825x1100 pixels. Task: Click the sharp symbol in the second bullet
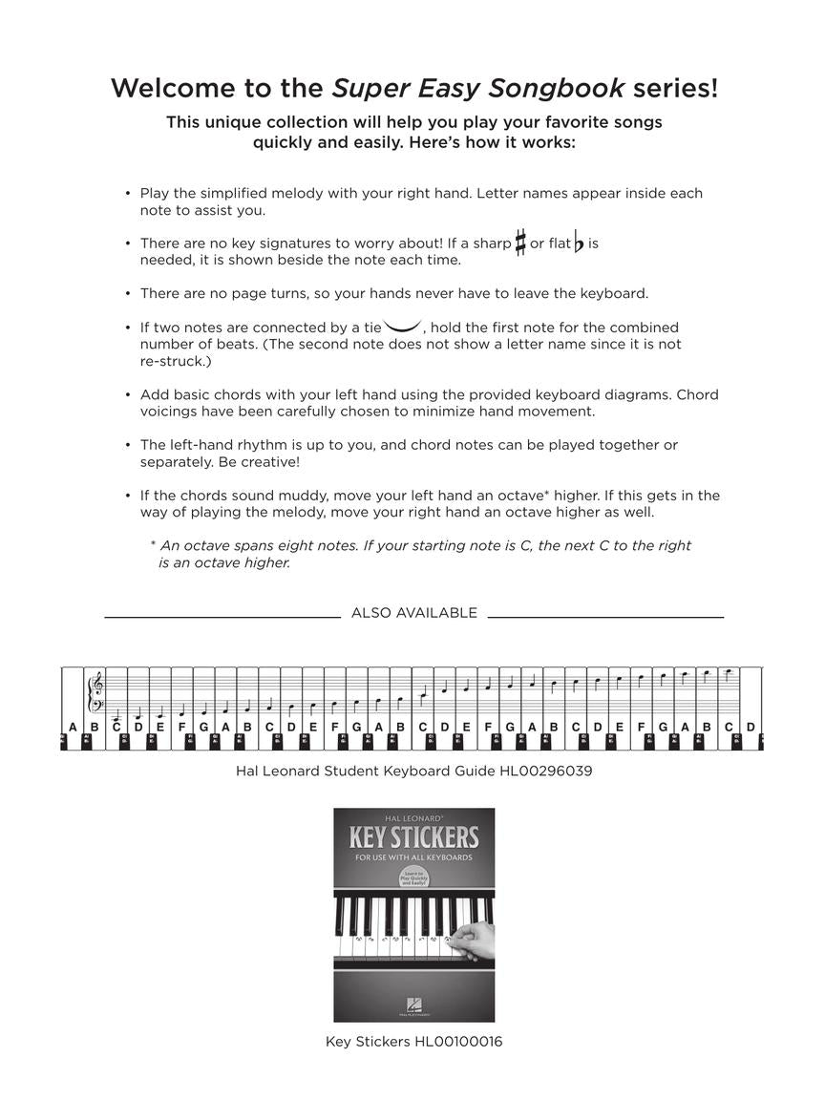point(520,243)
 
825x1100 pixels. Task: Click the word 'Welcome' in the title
point(169,89)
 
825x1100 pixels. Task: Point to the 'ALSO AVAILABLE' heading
point(413,613)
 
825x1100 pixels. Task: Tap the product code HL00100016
point(458,1042)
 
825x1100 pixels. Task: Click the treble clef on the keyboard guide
point(95,686)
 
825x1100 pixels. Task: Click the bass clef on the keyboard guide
point(95,708)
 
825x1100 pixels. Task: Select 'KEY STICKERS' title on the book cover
point(413,838)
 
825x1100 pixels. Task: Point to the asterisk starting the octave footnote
point(153,544)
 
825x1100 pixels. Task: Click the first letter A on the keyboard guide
point(73,728)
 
